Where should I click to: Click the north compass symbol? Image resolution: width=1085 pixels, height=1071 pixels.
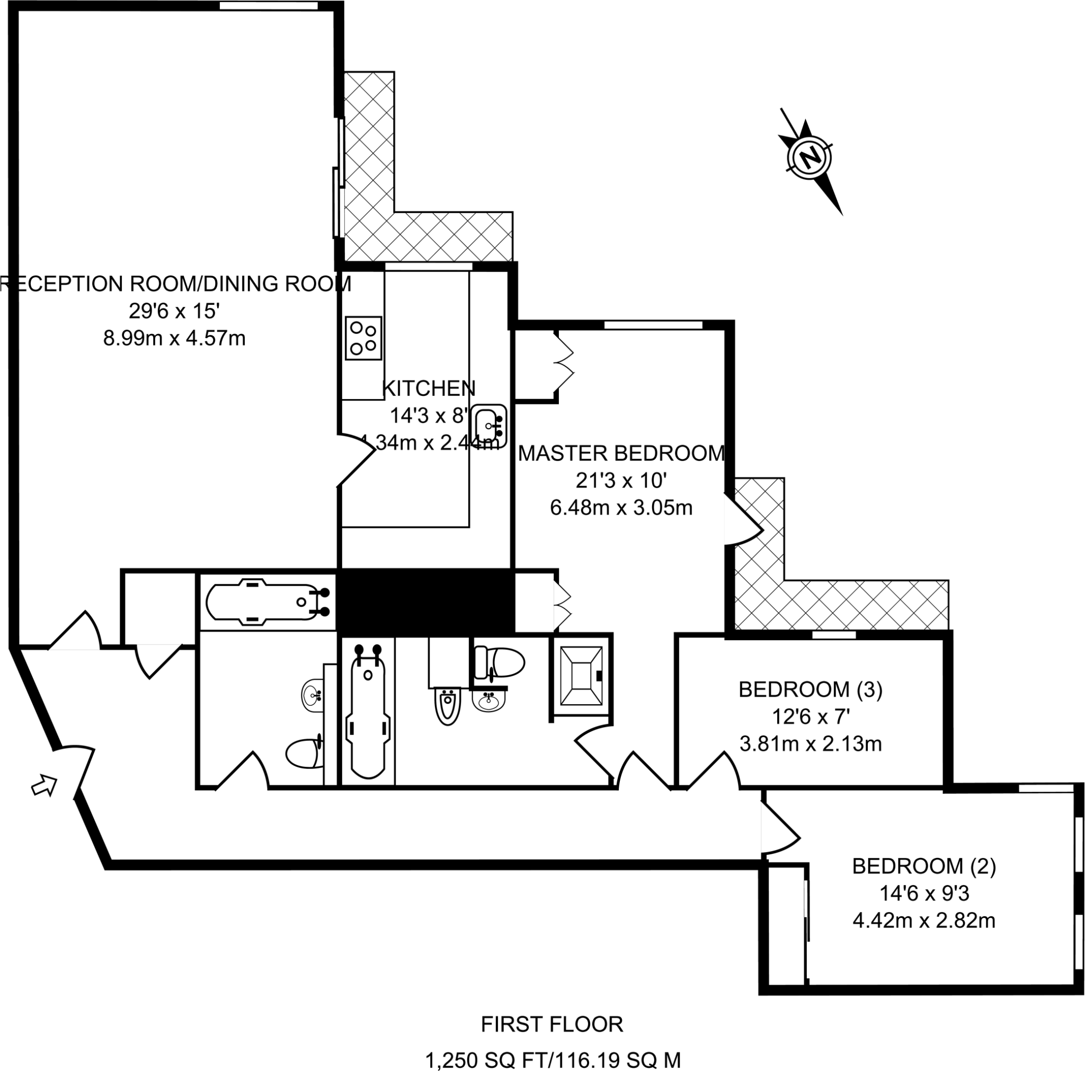pos(810,158)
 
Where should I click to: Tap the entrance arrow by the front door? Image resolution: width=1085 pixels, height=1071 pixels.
pos(45,785)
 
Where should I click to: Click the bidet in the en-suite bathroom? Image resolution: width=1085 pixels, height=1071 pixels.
pos(448,706)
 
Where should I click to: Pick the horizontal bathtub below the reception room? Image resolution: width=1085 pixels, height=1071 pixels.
pos(264,601)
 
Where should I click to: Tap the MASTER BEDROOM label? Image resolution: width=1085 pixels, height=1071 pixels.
pos(621,453)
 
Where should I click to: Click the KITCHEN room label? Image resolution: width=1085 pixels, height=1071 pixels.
pos(429,388)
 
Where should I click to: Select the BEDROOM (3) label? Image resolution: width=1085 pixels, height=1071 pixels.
pos(811,689)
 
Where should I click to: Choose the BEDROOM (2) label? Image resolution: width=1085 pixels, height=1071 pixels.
pos(924,866)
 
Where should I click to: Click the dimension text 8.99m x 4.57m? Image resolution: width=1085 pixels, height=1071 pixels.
pos(174,339)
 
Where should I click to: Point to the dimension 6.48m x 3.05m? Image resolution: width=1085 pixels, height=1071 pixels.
pos(621,508)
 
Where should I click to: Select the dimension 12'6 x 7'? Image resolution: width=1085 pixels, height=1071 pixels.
pos(811,716)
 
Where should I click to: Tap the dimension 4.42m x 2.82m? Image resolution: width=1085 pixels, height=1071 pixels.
pos(924,920)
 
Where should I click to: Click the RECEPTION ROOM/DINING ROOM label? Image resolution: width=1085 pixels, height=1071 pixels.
pos(175,284)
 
